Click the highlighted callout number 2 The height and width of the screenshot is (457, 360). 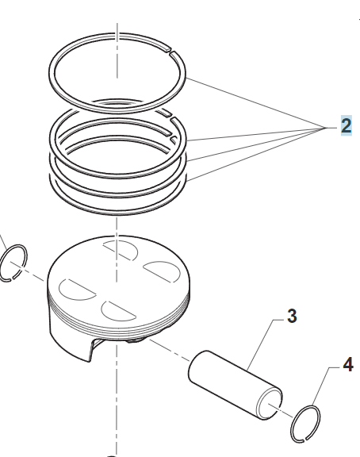point(346,125)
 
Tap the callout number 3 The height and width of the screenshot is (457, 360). point(292,316)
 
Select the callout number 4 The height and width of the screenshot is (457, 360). point(348,365)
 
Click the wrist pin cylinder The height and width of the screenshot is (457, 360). point(235,385)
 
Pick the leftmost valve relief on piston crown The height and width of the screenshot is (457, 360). point(76,290)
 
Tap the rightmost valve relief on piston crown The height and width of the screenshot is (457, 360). point(162,271)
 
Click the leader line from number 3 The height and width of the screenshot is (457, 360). point(262,344)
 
